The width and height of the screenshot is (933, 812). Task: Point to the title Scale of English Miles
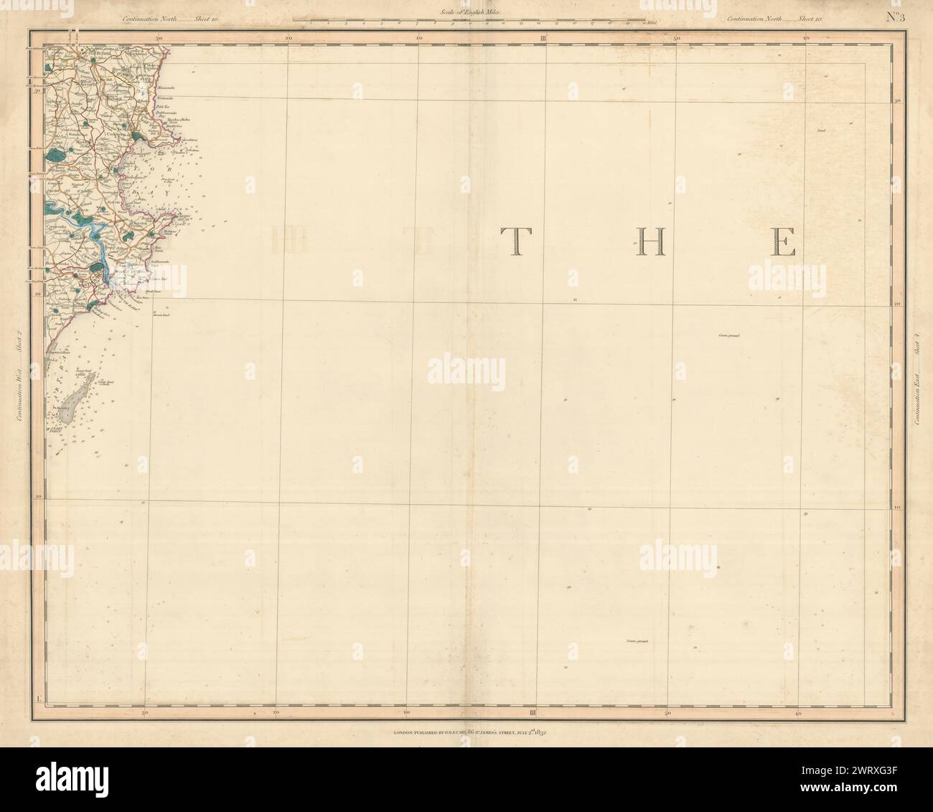[467, 12]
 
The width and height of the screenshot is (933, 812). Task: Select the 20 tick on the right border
[897, 304]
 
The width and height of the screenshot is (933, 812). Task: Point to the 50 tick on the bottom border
[667, 714]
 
